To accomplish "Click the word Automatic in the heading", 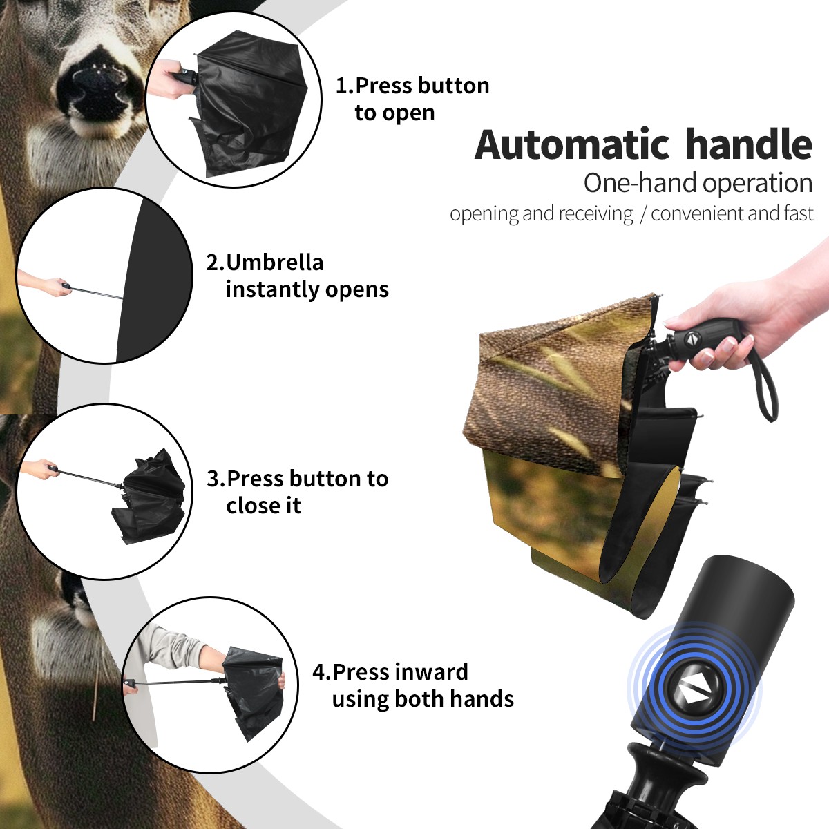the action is click(572, 145).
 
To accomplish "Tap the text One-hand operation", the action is click(698, 183).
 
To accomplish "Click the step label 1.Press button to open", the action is click(412, 99).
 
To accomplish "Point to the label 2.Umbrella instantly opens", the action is click(297, 276).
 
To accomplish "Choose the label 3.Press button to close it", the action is click(297, 492).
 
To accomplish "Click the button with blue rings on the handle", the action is click(694, 689).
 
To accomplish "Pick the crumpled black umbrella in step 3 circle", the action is click(151, 496).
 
